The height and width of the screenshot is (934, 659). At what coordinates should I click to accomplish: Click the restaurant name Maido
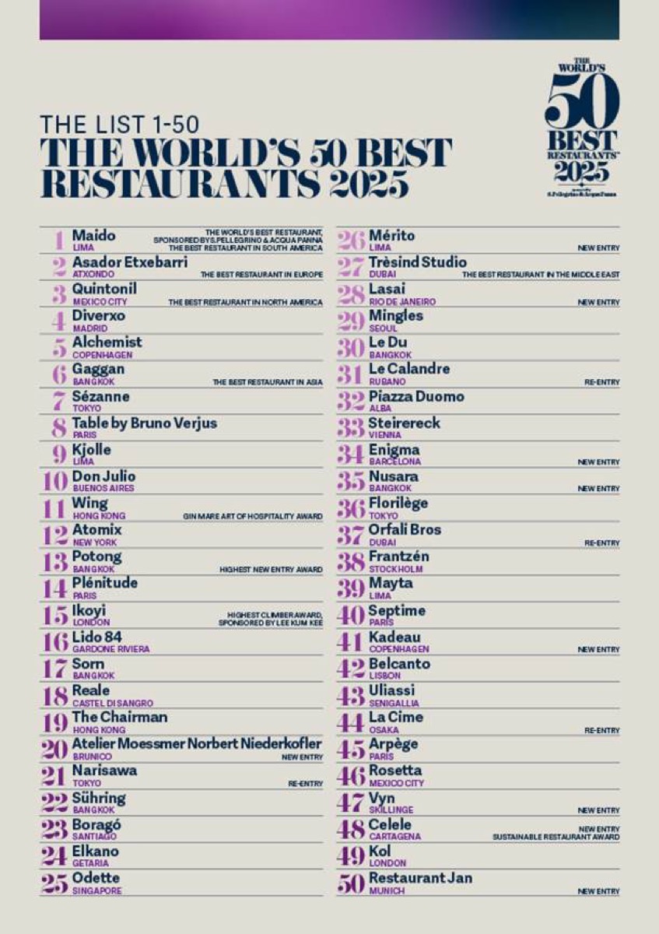click(93, 235)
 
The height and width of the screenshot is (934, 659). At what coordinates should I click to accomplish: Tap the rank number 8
click(58, 427)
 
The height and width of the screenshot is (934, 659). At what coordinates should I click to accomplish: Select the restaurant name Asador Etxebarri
click(129, 262)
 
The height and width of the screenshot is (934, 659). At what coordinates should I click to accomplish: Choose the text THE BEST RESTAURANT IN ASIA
click(267, 382)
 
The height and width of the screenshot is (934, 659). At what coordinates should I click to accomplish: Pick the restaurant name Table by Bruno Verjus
click(144, 423)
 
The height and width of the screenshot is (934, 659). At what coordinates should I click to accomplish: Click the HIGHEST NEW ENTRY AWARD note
click(270, 570)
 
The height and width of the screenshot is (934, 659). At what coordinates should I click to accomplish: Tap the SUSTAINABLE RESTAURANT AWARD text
click(556, 837)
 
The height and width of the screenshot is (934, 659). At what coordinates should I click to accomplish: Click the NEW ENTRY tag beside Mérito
click(598, 248)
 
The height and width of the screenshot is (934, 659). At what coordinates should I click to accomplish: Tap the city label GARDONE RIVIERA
click(110, 649)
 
